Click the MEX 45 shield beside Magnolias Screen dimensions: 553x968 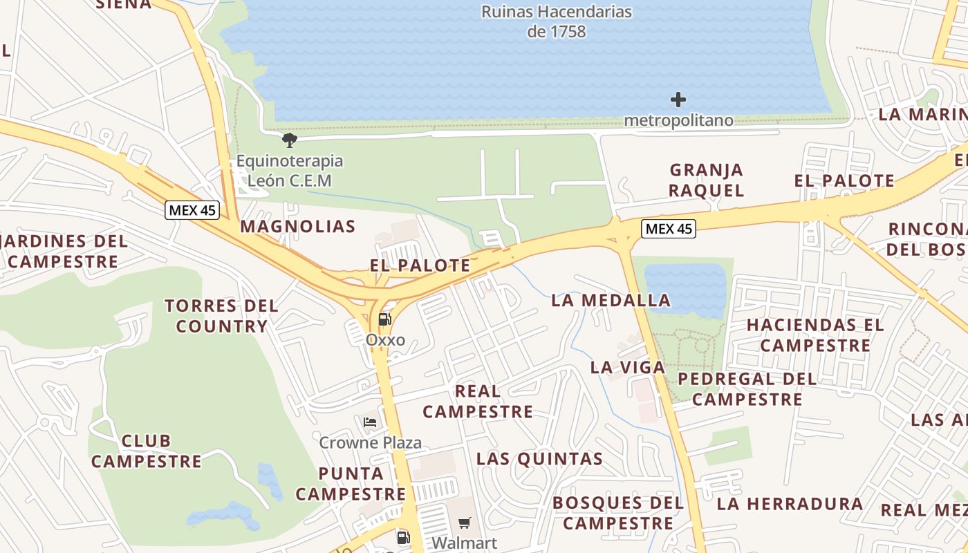point(192,210)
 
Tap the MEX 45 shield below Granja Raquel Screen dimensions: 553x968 point(668,229)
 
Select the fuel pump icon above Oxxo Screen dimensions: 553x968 point(385,319)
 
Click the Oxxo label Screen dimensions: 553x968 point(385,340)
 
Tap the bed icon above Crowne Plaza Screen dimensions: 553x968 point(370,422)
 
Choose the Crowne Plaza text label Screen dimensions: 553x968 point(370,442)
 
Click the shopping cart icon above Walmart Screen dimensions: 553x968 point(465,523)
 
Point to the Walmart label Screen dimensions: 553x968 point(465,543)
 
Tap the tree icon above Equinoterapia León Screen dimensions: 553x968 point(290,140)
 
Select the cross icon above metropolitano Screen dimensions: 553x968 point(678,100)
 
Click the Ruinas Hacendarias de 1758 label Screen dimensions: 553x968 point(556,21)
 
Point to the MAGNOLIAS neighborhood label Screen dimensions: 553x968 point(298,227)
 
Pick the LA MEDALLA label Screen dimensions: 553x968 point(611,301)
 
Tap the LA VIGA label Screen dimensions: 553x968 point(628,368)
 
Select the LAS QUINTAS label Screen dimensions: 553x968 point(539,459)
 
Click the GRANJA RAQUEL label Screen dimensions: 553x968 point(706,180)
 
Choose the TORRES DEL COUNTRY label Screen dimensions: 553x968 point(221,316)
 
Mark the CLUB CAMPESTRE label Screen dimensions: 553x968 point(146,451)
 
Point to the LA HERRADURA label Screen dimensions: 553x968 point(790,504)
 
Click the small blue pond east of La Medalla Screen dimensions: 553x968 point(685,290)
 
